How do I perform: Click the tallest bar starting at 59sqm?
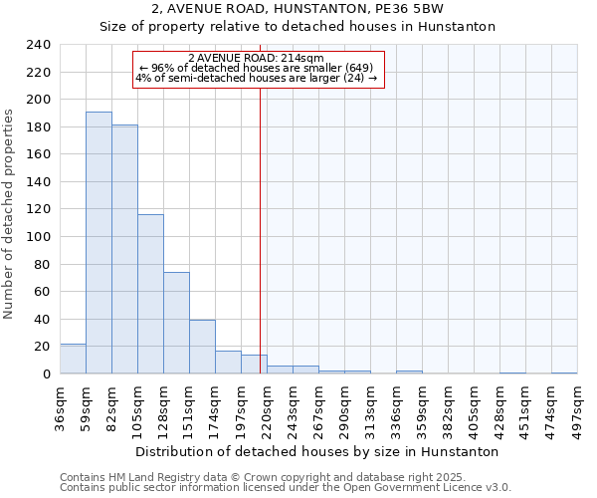pyautogui.click(x=99, y=242)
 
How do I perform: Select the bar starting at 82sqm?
pyautogui.click(x=124, y=249)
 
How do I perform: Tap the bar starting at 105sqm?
pyautogui.click(x=150, y=294)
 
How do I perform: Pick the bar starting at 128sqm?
pyautogui.click(x=176, y=323)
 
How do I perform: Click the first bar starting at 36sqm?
pyautogui.click(x=73, y=359)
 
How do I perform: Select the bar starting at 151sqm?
pyautogui.click(x=202, y=347)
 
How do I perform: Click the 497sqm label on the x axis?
pyautogui.click(x=578, y=408)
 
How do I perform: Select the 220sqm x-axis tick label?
pyautogui.click(x=268, y=408)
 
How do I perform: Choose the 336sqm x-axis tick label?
pyautogui.click(x=397, y=408)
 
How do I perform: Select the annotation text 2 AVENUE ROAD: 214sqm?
pyautogui.click(x=256, y=59)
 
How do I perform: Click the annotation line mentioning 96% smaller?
pyautogui.click(x=256, y=68)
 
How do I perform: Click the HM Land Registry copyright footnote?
pyautogui.click(x=255, y=477)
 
